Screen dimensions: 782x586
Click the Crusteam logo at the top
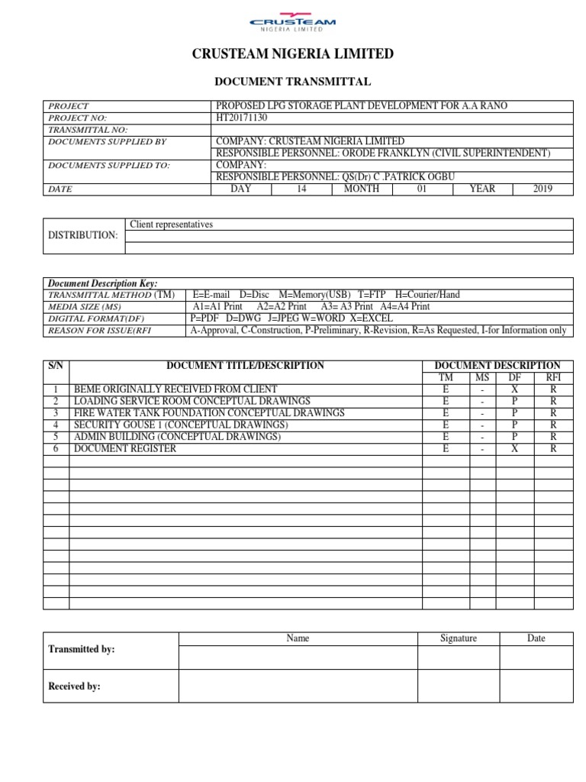click(x=293, y=23)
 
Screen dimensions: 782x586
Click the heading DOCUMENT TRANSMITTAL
click(x=293, y=82)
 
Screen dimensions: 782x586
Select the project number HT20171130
click(x=243, y=118)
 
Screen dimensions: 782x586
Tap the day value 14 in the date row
click(x=301, y=189)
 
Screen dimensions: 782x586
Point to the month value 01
click(x=422, y=189)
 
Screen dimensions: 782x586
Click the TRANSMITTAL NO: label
click(x=88, y=130)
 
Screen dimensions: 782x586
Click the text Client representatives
click(x=172, y=225)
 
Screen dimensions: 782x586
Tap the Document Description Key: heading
click(x=103, y=283)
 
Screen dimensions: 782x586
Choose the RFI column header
click(x=553, y=377)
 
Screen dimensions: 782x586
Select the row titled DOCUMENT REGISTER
click(x=125, y=448)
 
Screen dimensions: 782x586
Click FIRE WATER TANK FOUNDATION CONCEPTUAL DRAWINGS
click(x=209, y=413)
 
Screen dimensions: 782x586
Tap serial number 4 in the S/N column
click(x=56, y=425)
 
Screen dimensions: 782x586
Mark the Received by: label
click(x=75, y=687)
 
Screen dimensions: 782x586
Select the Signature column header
click(x=459, y=638)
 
